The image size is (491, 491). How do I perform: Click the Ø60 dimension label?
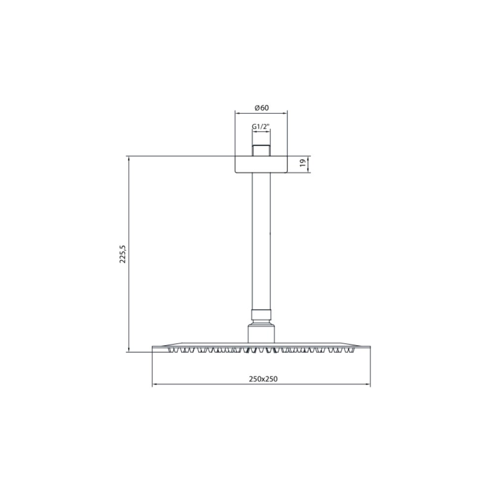[262, 108]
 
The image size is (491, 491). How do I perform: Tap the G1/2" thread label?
[261, 127]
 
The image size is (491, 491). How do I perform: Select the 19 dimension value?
[302, 163]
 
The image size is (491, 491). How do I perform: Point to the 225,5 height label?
[123, 254]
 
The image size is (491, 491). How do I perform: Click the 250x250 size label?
[263, 379]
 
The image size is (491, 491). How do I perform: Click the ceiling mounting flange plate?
[261, 164]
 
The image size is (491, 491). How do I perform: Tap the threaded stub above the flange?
[261, 150]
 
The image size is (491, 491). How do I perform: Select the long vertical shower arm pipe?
[261, 242]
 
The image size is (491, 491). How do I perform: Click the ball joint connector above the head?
[261, 334]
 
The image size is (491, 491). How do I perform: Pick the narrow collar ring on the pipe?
[261, 315]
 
